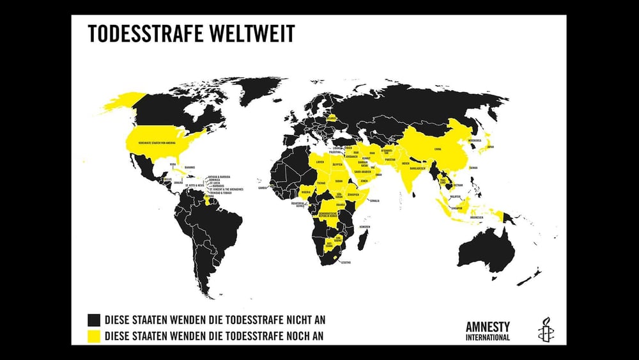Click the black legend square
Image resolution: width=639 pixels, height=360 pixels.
95,319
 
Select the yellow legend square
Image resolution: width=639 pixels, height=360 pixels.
95,335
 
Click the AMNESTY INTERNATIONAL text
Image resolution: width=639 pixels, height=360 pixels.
488,330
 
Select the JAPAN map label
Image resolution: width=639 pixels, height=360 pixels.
490,146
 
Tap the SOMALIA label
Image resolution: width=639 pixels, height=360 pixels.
374,201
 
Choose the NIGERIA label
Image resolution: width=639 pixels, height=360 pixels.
307,191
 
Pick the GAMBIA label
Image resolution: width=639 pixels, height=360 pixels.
263,189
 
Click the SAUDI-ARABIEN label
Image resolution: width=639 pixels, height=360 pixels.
363,171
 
